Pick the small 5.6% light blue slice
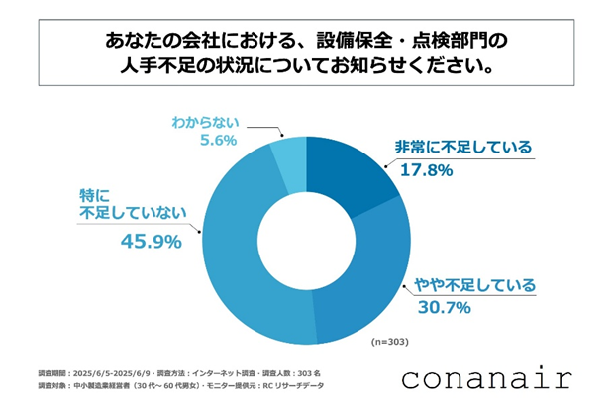pos(289,158)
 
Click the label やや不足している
pos(469,286)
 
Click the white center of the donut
pos(307,238)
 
